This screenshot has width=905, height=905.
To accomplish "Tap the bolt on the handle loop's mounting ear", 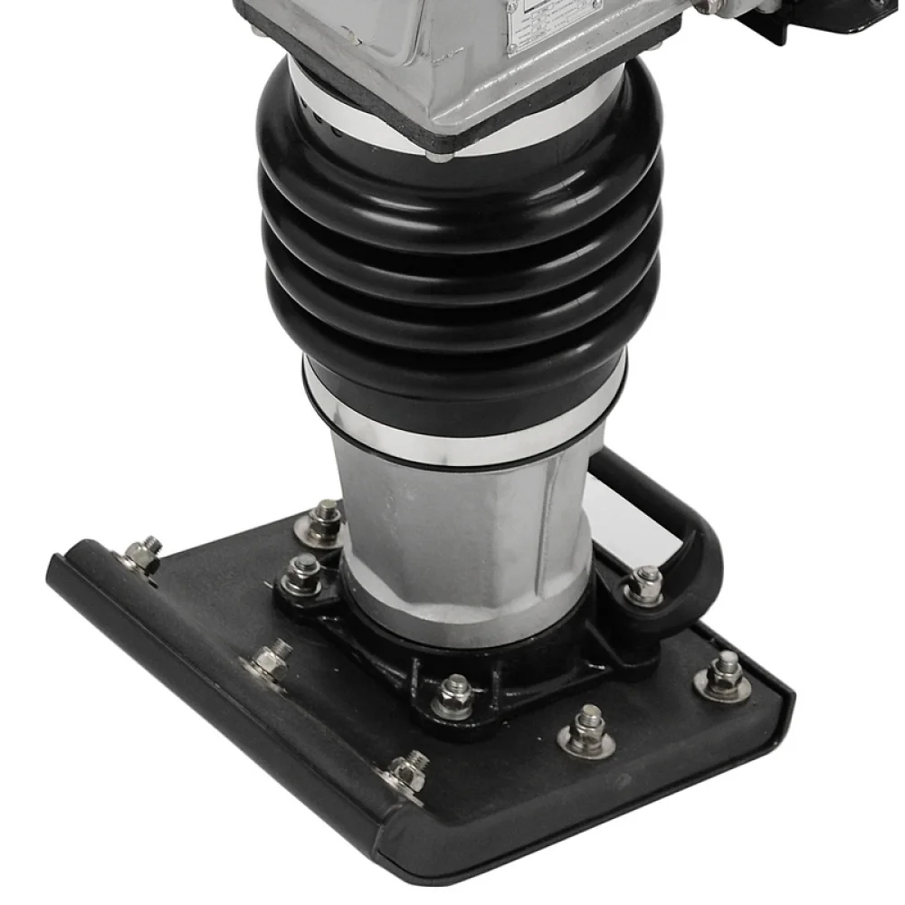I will [646, 584].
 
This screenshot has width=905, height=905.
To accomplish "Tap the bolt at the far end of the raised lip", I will [144, 555].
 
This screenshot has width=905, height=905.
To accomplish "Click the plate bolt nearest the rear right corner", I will [725, 674].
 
